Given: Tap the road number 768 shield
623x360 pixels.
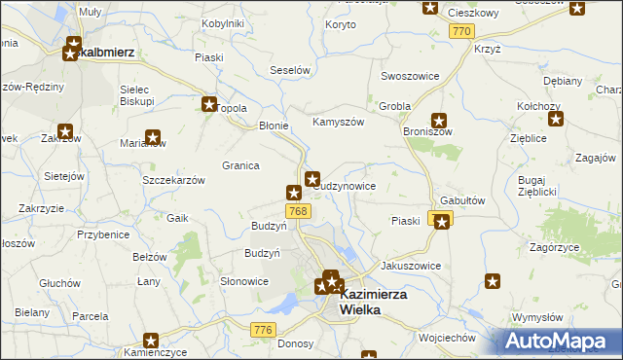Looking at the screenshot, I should [x=299, y=211].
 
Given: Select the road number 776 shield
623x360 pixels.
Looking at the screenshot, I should [x=262, y=331].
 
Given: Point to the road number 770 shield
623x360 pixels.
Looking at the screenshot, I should [x=463, y=32].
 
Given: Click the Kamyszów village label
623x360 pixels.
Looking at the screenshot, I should [x=338, y=123].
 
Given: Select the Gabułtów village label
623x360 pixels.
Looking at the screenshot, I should [x=462, y=198].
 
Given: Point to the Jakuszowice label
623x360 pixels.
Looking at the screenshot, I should [x=411, y=266].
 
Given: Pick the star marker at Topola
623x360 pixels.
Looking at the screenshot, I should [x=208, y=103].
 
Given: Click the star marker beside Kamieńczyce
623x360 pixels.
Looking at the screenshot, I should [x=151, y=341].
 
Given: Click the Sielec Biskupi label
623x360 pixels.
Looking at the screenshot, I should [x=137, y=95].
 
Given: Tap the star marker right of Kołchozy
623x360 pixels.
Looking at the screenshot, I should [x=556, y=120].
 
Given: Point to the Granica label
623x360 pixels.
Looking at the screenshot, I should [x=240, y=165].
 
